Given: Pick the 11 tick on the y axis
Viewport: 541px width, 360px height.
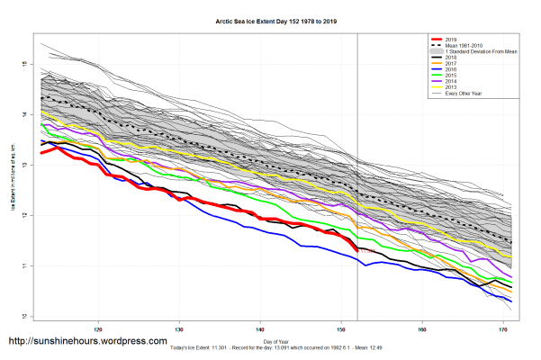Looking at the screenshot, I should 28,265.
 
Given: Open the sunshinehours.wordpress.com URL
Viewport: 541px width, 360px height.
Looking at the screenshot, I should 87,342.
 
